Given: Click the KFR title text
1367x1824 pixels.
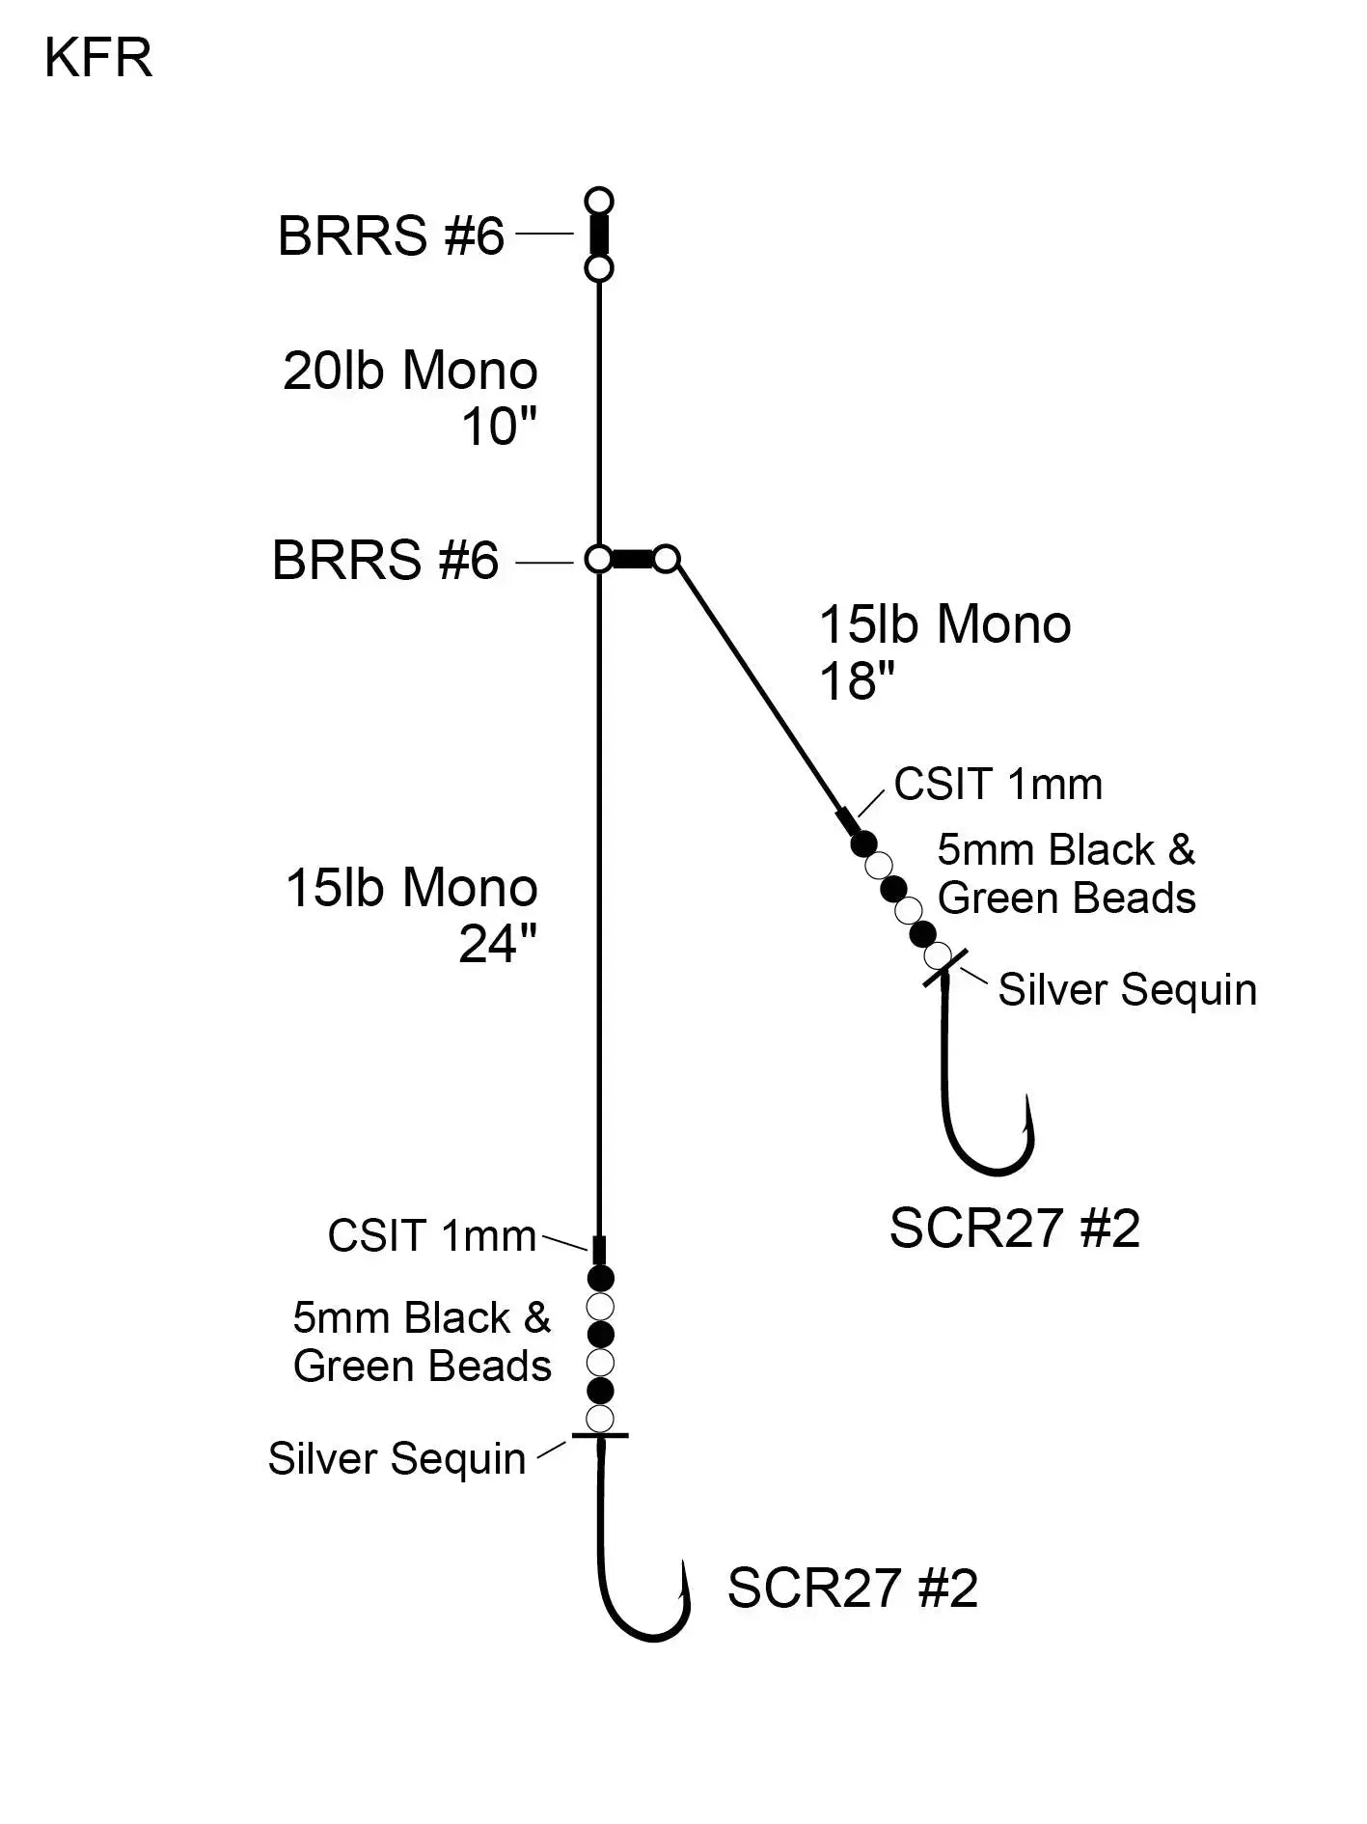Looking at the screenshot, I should (x=98, y=59).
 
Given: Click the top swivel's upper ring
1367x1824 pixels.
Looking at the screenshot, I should (x=599, y=202).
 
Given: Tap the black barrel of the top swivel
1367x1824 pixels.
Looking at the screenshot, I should (x=599, y=235).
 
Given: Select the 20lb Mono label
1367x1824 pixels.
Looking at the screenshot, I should (x=410, y=371).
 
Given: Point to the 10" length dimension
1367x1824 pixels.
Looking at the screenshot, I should (x=499, y=426).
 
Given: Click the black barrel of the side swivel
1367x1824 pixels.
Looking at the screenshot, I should (x=633, y=559).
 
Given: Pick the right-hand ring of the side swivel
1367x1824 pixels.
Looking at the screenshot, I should (x=666, y=559).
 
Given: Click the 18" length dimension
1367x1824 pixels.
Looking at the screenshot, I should (x=857, y=681).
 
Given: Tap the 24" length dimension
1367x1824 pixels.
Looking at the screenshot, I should (x=498, y=944).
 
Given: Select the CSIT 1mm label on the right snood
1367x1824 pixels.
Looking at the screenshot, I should (x=998, y=784).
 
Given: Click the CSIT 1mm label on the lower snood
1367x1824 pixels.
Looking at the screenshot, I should (x=431, y=1235).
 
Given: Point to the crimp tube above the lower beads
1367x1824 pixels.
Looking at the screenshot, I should (x=599, y=1250).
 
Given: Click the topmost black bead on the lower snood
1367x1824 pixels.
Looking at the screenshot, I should (x=600, y=1280).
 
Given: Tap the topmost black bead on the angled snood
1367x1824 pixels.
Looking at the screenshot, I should (x=863, y=843).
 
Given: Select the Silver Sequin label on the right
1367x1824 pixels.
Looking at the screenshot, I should (x=1127, y=990).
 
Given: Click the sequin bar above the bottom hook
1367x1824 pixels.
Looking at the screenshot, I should (x=599, y=1436).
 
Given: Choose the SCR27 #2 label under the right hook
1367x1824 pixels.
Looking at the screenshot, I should (x=1014, y=1229).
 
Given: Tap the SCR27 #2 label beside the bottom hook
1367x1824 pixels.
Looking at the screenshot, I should (x=852, y=1588).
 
